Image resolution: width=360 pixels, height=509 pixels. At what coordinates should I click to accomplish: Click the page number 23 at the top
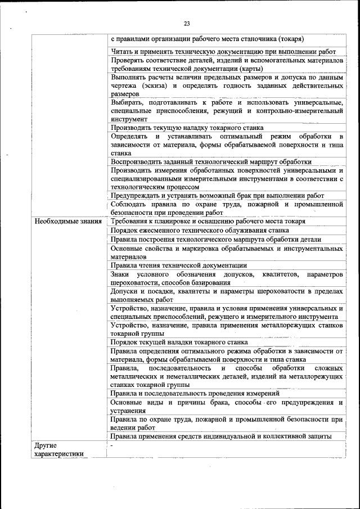point(187,23)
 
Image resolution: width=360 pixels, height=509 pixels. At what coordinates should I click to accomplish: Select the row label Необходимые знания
point(68,222)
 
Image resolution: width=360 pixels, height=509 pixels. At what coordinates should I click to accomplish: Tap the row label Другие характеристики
point(59,450)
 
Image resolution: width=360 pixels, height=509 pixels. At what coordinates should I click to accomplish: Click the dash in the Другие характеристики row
point(112,446)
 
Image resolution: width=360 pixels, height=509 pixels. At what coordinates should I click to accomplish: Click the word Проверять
point(129,60)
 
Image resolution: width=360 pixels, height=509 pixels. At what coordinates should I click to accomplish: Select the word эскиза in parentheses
point(156,85)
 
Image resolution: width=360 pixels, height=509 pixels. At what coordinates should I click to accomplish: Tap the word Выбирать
point(128,102)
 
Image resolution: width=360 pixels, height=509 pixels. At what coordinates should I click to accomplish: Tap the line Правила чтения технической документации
point(178,265)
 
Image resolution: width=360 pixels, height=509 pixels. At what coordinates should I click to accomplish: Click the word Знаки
point(121,274)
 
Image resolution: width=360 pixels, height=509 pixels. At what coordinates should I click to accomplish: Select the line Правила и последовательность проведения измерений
point(195,393)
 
